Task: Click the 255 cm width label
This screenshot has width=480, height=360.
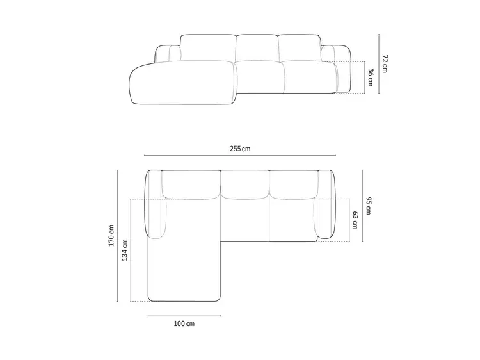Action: (240, 149)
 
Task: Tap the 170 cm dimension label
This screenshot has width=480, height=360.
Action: (111, 236)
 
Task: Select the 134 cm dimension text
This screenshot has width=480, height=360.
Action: (125, 250)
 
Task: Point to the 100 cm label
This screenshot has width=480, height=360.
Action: (184, 323)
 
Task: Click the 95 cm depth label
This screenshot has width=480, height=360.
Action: (369, 206)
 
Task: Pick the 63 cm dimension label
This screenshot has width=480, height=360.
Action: (355, 220)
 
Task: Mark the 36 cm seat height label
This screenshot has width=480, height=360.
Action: (371, 78)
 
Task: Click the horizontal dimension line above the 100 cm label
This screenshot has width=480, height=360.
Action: (184, 316)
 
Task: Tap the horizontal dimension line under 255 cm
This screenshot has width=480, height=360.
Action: (240, 156)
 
